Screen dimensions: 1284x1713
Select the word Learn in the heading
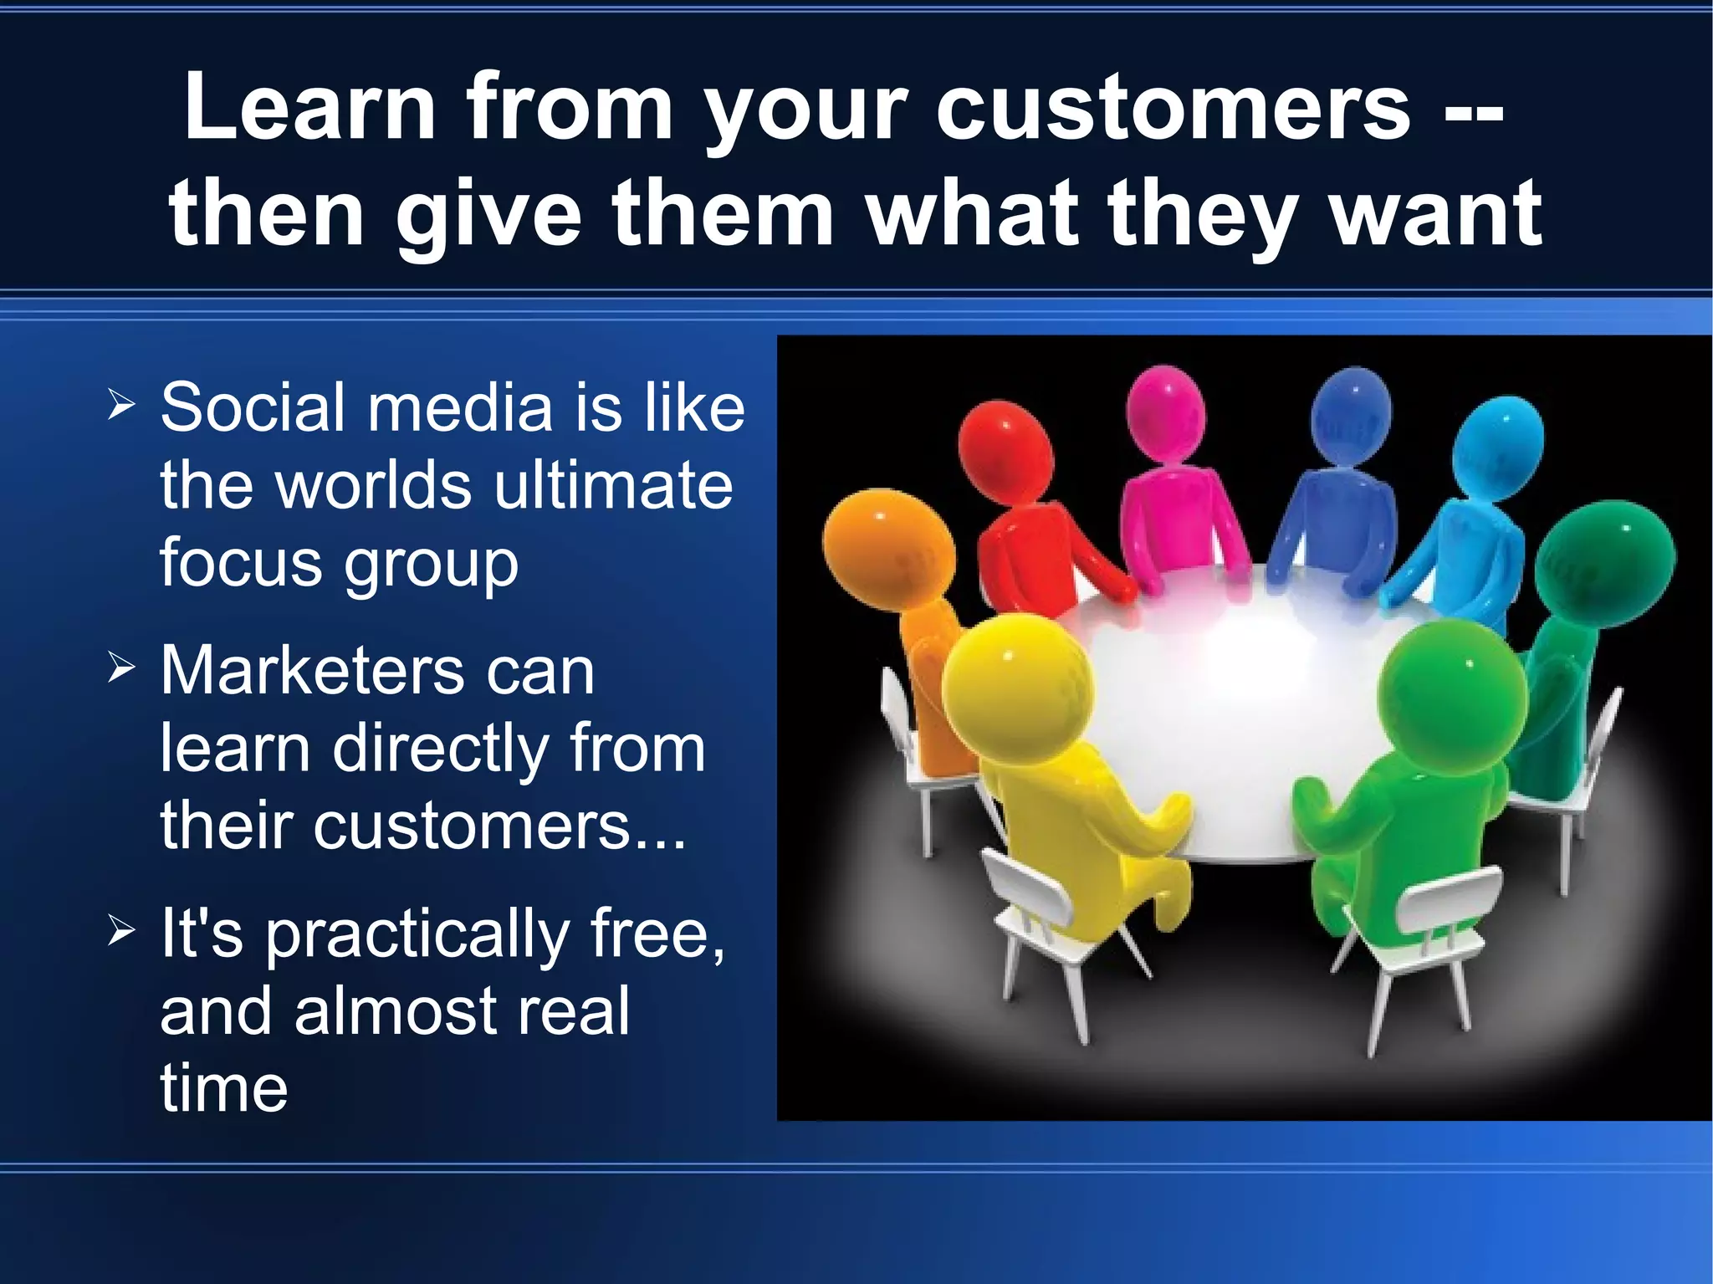coord(309,107)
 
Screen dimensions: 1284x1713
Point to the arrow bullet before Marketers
coord(121,668)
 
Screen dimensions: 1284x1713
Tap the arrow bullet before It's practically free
coord(121,931)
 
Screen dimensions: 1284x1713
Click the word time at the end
coord(223,1088)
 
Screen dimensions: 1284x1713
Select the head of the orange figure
coord(888,548)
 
